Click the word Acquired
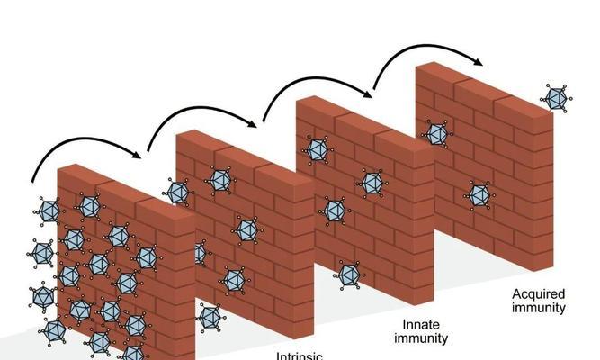(538, 293)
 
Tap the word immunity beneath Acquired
(538, 308)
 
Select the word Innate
(419, 324)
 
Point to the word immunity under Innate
(419, 338)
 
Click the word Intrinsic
(300, 354)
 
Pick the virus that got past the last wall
(557, 96)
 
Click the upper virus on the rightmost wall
(437, 134)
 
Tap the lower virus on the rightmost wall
(479, 193)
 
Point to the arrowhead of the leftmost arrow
(137, 154)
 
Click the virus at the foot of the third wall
(348, 274)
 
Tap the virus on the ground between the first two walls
(209, 317)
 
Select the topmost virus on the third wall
(318, 150)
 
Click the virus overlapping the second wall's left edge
(177, 192)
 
